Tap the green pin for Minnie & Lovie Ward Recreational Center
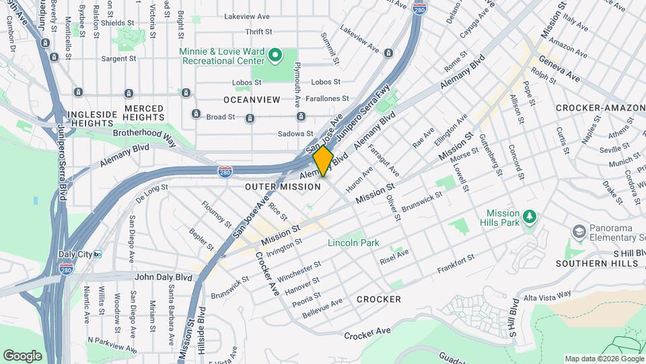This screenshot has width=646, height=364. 275,55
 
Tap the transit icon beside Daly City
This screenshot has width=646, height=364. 98,254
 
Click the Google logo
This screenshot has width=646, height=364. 23,355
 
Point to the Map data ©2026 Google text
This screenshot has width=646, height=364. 604,359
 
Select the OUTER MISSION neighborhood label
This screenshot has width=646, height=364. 283,187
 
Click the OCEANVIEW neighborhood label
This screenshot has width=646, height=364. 252,100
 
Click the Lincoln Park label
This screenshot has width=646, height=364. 353,243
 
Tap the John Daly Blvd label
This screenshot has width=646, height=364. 163,276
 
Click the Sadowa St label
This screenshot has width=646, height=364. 296,133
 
